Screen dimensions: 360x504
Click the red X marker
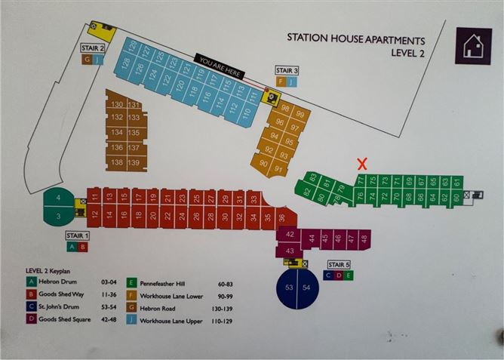[x=362, y=163]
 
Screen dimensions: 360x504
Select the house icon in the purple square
[x=472, y=45]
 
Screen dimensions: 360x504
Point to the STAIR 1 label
[x=77, y=235]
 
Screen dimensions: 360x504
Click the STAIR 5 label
[x=338, y=265]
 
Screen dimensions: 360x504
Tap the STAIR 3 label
[x=287, y=70]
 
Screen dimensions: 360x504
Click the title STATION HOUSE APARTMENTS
[x=356, y=40]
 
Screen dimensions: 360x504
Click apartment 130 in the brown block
[x=116, y=104]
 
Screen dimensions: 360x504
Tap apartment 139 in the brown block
[x=134, y=163]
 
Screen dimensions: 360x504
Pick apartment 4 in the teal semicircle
[x=58, y=198]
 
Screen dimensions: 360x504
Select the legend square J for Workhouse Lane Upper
[x=133, y=331]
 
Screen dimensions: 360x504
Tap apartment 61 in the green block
[x=456, y=183]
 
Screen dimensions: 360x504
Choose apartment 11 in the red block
[x=95, y=197]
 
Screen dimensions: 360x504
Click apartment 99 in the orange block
[x=300, y=115]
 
